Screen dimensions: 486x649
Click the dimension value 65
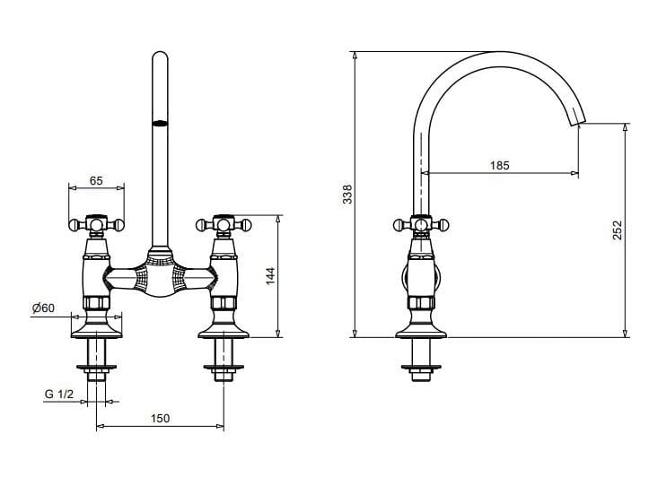(96, 179)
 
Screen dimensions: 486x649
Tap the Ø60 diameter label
(43, 308)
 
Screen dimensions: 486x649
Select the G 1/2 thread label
(58, 395)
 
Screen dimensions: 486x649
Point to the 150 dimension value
(160, 419)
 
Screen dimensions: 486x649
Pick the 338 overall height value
(348, 195)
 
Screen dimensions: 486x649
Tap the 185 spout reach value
(500, 165)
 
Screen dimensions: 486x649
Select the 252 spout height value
(617, 231)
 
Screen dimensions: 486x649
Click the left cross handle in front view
(96, 221)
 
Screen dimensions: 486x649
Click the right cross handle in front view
(222, 221)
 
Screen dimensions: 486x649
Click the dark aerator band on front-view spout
(160, 124)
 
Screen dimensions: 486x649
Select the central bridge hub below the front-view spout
(160, 273)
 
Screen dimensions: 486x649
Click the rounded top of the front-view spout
(160, 58)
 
